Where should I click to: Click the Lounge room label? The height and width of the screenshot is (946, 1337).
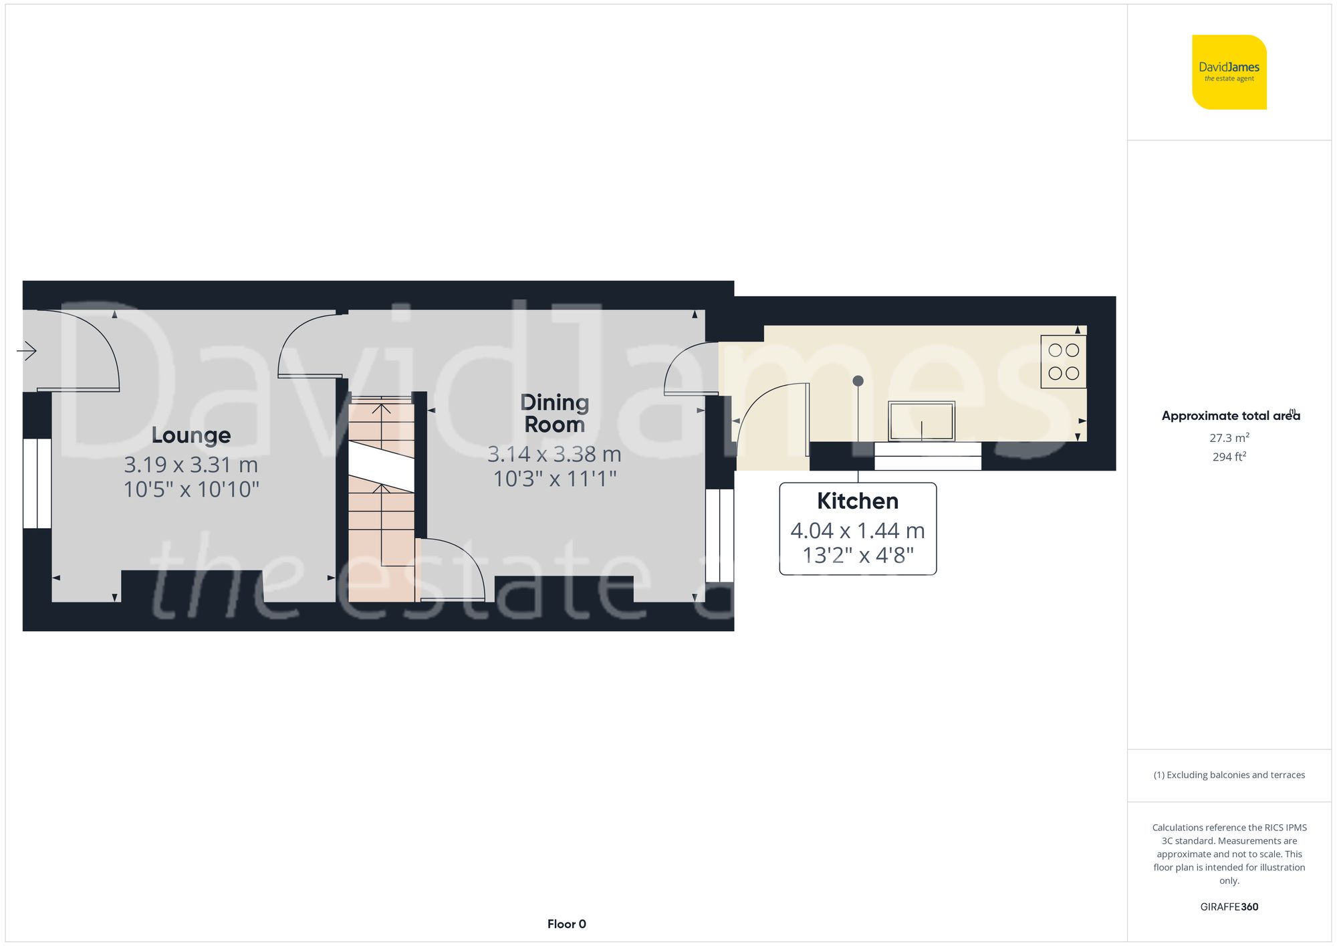tap(191, 435)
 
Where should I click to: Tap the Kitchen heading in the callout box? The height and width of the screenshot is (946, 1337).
tap(858, 501)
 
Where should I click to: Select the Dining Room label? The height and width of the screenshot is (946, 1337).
tap(554, 413)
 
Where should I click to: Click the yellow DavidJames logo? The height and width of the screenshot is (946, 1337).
tap(1229, 72)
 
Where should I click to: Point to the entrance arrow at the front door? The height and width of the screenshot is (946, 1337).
tap(27, 350)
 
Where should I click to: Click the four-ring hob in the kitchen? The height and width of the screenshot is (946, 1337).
tap(1063, 362)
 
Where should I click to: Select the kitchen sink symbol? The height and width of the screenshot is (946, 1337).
tap(921, 421)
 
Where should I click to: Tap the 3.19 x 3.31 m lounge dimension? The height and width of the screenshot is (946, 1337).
tap(191, 465)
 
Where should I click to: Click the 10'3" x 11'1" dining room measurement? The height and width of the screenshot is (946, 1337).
tap(554, 479)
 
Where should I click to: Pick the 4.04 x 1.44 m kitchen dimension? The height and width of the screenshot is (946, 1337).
tap(858, 531)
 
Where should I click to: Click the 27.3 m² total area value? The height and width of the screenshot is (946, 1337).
tap(1229, 438)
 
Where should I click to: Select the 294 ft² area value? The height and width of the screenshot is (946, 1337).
tap(1229, 457)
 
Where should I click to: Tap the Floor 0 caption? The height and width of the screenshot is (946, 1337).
tap(566, 924)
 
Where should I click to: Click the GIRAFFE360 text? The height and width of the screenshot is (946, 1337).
tap(1229, 907)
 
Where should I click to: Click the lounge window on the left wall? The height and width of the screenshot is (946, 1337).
tap(37, 483)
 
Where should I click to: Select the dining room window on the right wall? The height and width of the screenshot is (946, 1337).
tap(720, 535)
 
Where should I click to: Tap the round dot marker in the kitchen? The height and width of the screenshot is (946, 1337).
tap(858, 381)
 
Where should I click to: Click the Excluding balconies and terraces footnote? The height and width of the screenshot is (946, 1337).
tap(1229, 775)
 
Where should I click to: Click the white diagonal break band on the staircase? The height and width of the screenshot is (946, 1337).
tap(381, 467)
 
